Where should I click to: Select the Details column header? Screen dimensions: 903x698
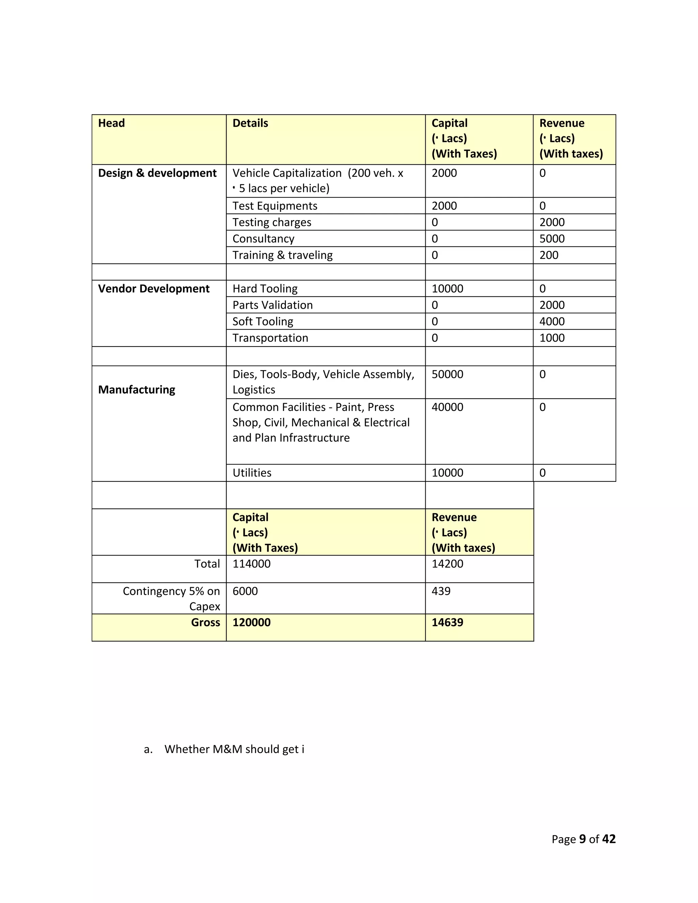click(250, 123)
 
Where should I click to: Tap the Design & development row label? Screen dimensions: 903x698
click(157, 173)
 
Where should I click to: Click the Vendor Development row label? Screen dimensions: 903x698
click(154, 289)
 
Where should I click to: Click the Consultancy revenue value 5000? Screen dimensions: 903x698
click(552, 239)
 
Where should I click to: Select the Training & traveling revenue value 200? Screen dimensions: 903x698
click(549, 255)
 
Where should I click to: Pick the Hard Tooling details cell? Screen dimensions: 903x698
click(265, 289)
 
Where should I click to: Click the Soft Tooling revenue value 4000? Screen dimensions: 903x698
click(552, 321)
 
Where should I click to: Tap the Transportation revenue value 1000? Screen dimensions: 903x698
click(552, 338)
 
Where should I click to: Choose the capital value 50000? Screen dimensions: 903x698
click(447, 374)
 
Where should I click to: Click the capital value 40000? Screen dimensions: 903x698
click(447, 407)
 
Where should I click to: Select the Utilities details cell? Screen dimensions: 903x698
click(252, 473)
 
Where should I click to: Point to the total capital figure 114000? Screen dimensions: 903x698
click(252, 564)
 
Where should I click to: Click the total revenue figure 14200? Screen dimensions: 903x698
click(447, 564)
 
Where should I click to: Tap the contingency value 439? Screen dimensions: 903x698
click(441, 591)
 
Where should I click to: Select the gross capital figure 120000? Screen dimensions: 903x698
click(252, 622)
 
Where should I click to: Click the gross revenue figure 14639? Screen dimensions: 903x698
click(447, 622)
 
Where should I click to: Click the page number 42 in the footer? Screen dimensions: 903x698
click(609, 839)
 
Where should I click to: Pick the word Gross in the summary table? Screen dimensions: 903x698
click(205, 622)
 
